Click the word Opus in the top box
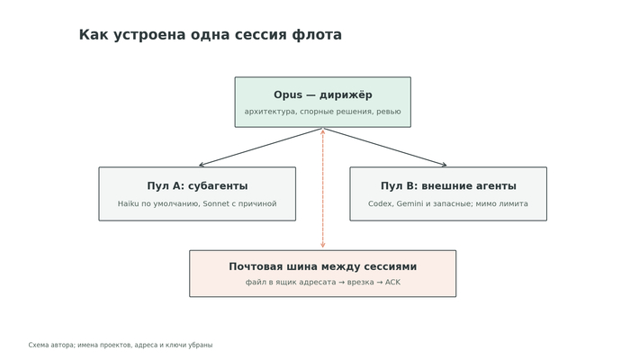[x=288, y=95]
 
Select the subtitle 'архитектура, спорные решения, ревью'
[x=322, y=112]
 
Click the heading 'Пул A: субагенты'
[x=197, y=186]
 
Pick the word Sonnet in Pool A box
[x=216, y=203]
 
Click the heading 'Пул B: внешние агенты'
[x=448, y=186]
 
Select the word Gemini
[x=409, y=203]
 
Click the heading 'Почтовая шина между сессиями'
[x=322, y=266]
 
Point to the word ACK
[x=392, y=282]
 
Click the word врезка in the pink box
[x=361, y=282]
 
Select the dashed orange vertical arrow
[x=322, y=188]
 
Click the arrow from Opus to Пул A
[x=261, y=147]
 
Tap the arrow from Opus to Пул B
[x=384, y=147]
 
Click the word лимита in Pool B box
[x=514, y=203]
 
